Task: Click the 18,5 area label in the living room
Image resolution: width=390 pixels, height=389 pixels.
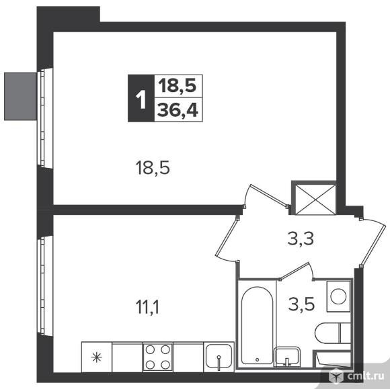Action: point(153,168)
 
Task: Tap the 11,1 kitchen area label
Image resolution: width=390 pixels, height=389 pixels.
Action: point(147,307)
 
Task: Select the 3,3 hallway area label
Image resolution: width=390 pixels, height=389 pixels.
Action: point(301,239)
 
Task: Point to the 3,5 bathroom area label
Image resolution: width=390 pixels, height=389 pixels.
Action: point(301,304)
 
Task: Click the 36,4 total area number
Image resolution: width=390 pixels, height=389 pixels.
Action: point(178,110)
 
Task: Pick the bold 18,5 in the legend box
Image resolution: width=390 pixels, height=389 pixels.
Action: point(178,86)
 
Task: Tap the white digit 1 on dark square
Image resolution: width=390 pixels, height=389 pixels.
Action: point(141,99)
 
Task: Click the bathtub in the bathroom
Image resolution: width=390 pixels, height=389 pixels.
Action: point(257,325)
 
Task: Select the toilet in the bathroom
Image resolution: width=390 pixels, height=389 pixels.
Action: point(333,333)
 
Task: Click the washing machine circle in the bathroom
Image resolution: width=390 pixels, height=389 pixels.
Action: point(338,296)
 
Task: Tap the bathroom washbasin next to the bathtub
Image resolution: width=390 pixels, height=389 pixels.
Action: point(286,357)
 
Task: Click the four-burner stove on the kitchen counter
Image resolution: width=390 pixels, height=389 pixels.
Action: point(158,357)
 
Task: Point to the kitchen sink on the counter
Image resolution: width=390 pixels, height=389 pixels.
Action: point(219,357)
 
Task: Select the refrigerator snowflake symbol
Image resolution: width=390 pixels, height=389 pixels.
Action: point(97,357)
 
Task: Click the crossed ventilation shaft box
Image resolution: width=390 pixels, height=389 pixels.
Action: point(315,199)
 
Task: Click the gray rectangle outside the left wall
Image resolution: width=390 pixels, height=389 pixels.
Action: point(20,97)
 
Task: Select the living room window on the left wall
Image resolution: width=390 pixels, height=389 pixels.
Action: point(42,118)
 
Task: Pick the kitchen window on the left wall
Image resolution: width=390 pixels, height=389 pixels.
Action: point(42,286)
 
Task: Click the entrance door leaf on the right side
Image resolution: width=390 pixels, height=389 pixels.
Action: point(374,245)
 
